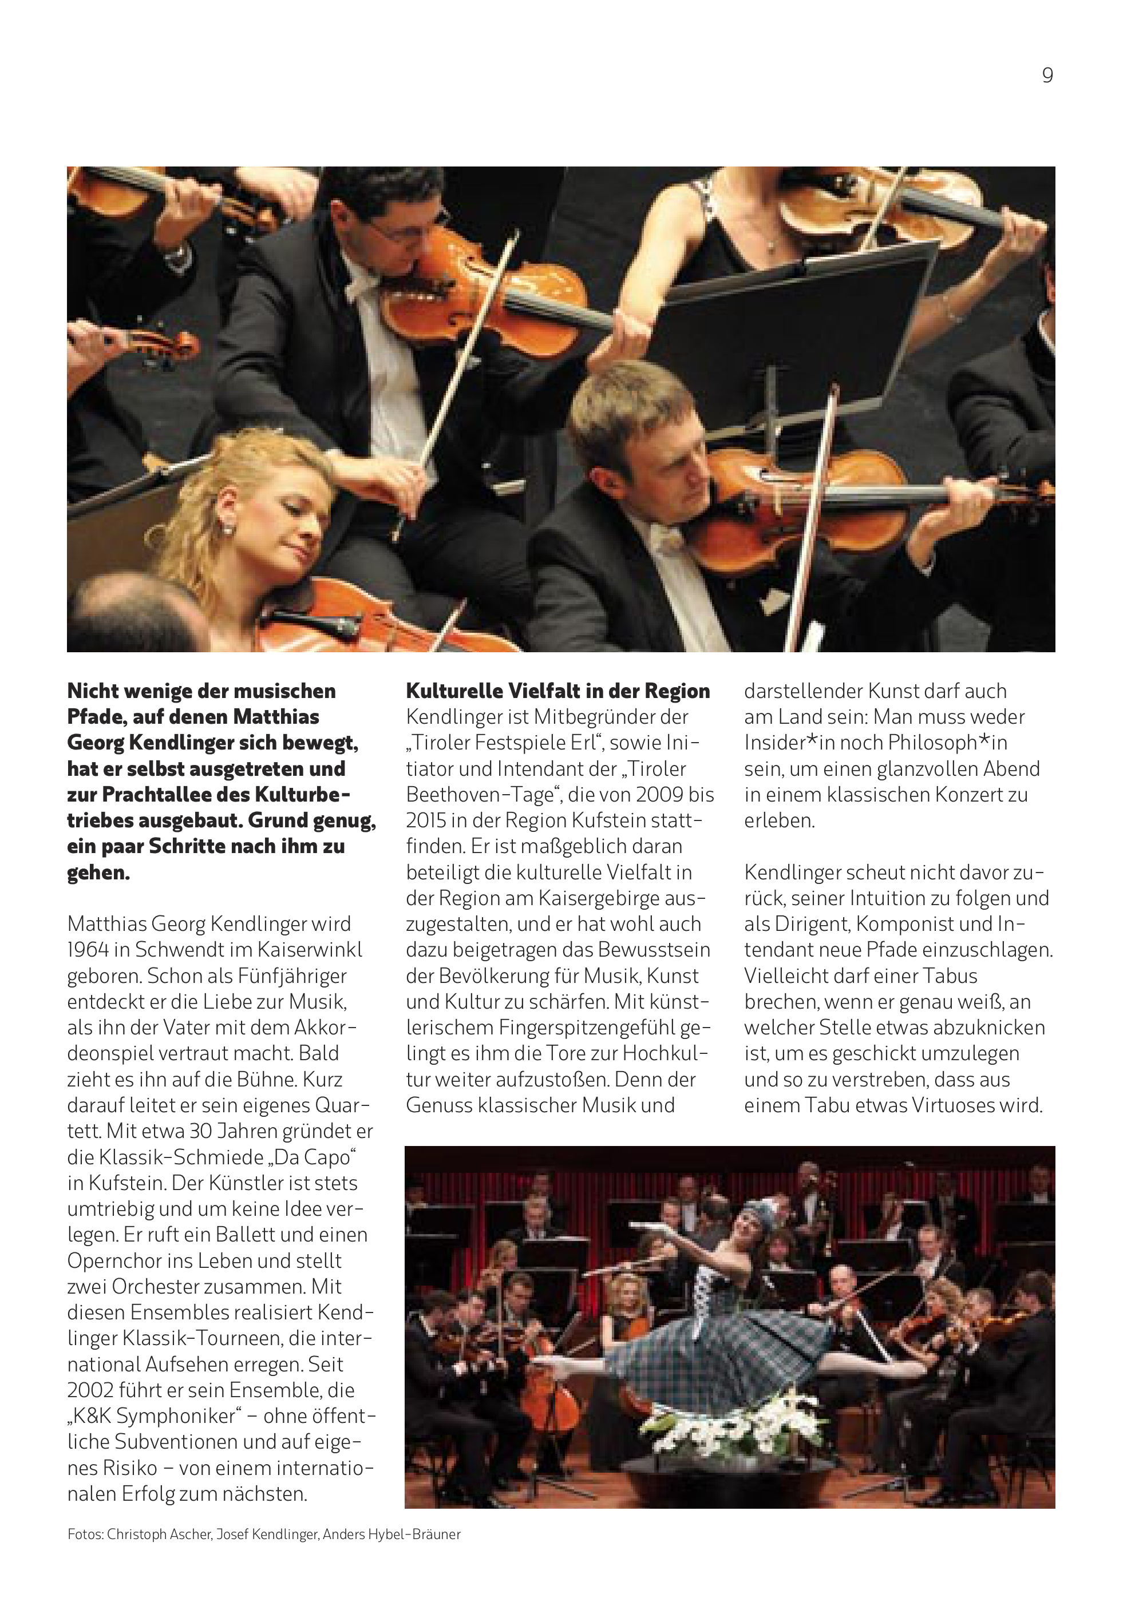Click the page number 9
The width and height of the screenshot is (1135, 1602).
point(1047,76)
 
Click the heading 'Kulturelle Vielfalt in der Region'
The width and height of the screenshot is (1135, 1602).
point(557,691)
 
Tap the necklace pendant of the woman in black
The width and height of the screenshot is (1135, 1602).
point(771,244)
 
